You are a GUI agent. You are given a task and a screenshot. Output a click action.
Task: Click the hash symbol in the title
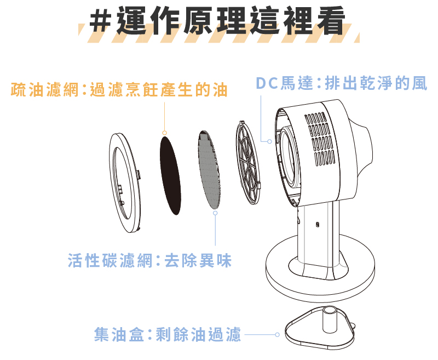pos(100,21)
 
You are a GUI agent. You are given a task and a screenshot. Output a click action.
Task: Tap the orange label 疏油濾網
pos(44,90)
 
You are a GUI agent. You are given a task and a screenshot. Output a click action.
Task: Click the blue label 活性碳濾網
pos(110,260)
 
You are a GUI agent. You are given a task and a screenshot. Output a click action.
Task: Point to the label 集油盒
pos(119,334)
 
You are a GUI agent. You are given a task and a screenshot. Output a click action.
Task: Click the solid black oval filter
pos(170,175)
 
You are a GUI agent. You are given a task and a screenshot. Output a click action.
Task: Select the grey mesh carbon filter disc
pos(209,170)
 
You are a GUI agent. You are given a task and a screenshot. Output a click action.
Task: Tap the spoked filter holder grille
pos(248,163)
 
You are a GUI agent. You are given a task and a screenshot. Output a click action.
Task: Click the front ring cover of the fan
pos(125,183)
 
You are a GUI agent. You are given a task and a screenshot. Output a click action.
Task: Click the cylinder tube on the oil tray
pos(330,319)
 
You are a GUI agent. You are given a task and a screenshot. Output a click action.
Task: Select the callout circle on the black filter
pos(165,133)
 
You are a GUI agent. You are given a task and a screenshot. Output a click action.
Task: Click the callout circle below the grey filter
pos(215,213)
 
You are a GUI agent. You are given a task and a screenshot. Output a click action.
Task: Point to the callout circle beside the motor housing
pos(269,141)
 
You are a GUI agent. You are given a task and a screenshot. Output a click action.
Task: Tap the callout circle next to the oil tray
pos(277,334)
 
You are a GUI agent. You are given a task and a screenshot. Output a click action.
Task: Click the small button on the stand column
pos(318,225)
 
